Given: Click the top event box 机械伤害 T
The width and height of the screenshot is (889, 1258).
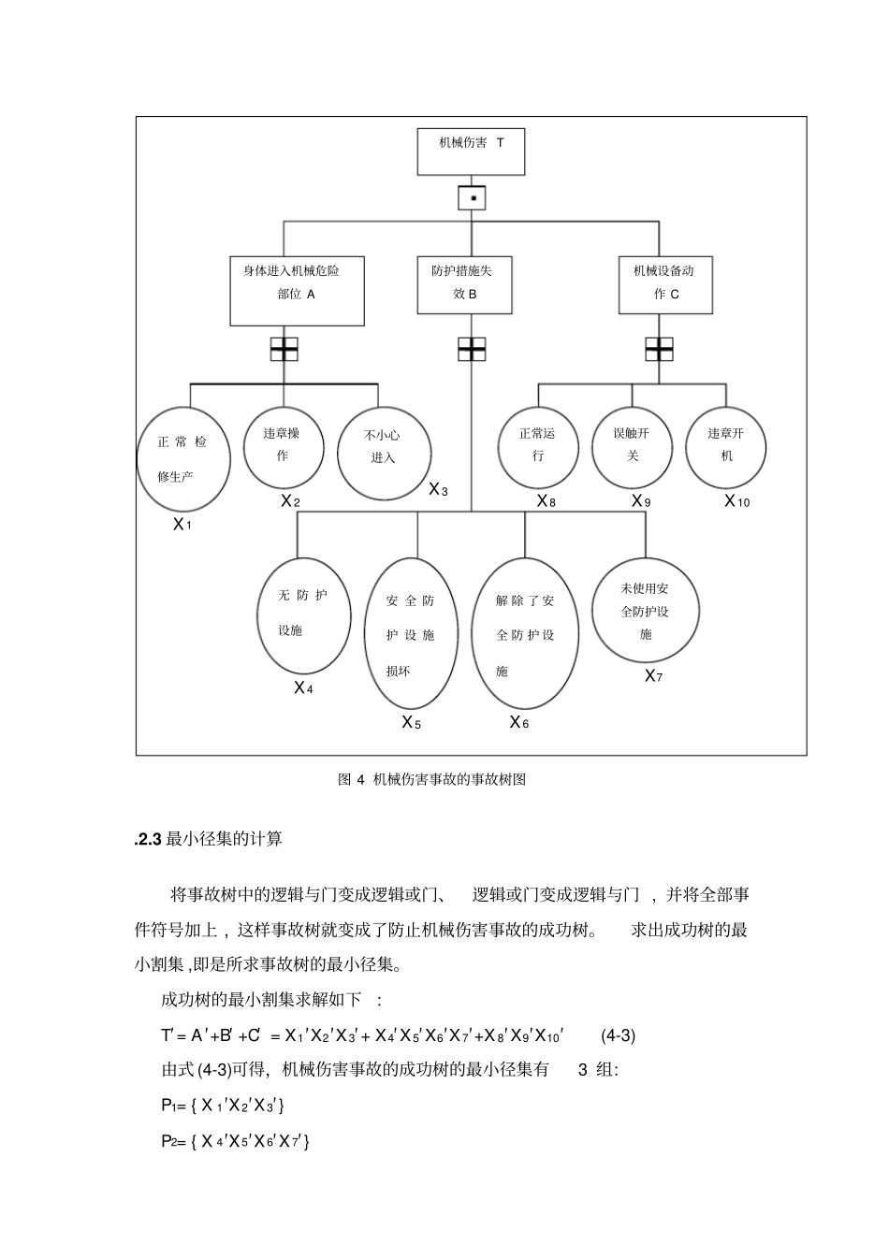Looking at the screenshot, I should tap(471, 152).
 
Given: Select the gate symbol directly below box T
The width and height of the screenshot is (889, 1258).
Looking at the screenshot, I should tap(473, 198).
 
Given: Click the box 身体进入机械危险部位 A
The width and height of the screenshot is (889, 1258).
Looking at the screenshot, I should tap(297, 291).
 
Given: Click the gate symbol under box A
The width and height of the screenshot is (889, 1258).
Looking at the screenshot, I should tap(284, 349).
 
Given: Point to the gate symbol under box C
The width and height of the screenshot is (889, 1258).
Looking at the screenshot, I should tap(659, 349).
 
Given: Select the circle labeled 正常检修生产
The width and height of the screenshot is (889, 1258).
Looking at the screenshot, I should tap(183, 458).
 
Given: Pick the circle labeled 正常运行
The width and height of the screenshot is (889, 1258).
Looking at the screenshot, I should tap(538, 446).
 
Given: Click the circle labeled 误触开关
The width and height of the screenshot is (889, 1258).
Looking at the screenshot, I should tap(633, 446).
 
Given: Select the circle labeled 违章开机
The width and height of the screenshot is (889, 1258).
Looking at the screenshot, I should tap(726, 446).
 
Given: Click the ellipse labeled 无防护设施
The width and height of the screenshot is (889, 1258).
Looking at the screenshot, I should tap(303, 615).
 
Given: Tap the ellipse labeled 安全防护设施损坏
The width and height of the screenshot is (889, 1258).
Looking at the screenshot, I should tap(411, 633).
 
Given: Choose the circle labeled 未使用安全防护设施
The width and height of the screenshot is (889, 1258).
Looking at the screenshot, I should tap(646, 611).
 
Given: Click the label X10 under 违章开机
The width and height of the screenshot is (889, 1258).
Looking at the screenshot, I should tap(737, 501).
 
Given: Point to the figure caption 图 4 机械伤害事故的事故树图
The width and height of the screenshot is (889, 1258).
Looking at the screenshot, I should tap(431, 779).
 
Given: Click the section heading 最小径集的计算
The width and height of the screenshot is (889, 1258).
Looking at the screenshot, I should tap(224, 839).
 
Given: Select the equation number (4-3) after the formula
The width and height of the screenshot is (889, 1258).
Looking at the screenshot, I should tap(619, 1035).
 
